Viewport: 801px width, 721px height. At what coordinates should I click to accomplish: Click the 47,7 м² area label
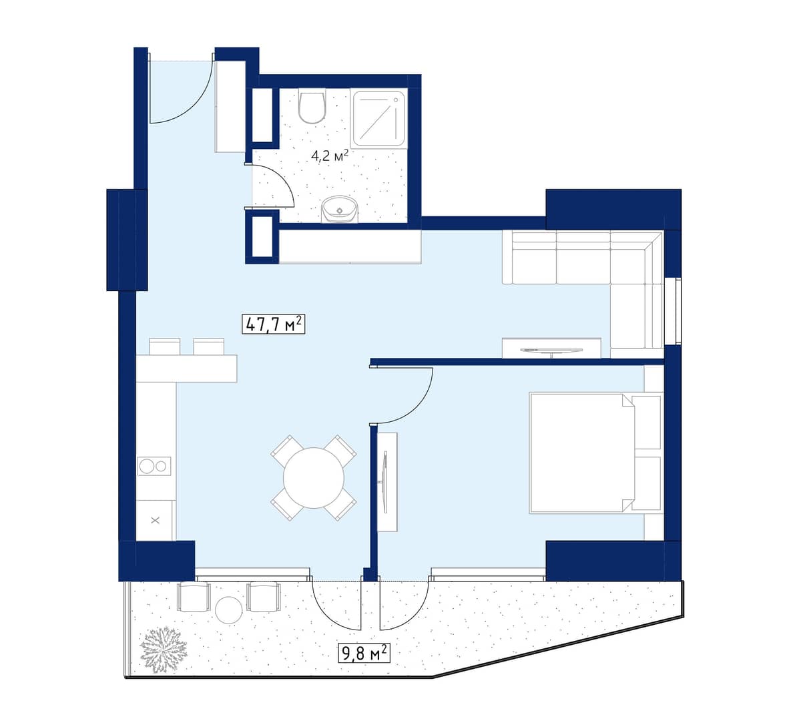pyautogui.click(x=274, y=324)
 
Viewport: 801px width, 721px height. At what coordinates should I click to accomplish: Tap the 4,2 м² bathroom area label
pyautogui.click(x=330, y=156)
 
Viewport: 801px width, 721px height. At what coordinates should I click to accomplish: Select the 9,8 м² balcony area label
pyautogui.click(x=364, y=653)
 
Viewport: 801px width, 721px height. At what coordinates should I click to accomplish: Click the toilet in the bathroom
pyautogui.click(x=312, y=107)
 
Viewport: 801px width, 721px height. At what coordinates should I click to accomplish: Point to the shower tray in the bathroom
pyautogui.click(x=378, y=119)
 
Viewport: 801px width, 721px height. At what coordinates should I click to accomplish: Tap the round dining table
pyautogui.click(x=314, y=477)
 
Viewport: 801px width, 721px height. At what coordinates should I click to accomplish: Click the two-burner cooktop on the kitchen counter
pyautogui.click(x=154, y=466)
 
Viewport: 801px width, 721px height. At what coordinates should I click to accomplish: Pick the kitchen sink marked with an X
pyautogui.click(x=156, y=520)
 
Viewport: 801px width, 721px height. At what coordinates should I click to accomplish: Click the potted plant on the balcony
pyautogui.click(x=164, y=649)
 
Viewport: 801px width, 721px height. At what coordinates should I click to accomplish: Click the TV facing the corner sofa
pyautogui.click(x=551, y=350)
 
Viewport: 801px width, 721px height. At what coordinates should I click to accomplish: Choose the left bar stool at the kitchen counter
pyautogui.click(x=165, y=347)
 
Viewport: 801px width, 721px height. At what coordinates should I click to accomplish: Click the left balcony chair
pyautogui.click(x=194, y=596)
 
